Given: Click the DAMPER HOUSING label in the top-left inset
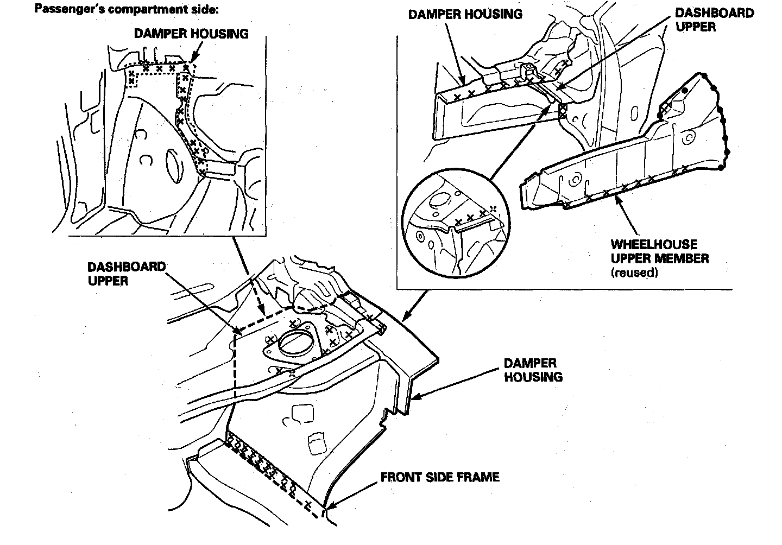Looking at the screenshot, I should pos(191,34).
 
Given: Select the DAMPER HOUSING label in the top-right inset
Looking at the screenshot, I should pos(465,15).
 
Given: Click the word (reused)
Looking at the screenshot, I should pos(634,272).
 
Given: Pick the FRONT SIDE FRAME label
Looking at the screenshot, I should pos(440,477).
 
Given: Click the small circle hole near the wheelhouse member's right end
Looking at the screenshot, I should pos(688,138).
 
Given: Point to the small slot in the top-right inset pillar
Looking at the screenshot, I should pos(635,116).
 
